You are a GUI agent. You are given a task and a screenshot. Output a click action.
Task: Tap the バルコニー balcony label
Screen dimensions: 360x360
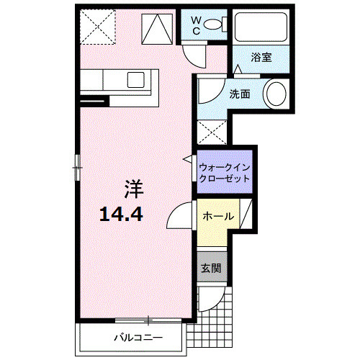pyautogui.click(x=137, y=337)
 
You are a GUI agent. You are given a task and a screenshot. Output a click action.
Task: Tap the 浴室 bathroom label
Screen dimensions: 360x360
pyautogui.click(x=261, y=57)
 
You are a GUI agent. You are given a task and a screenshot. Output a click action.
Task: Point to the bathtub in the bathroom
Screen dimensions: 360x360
pyautogui.click(x=261, y=27)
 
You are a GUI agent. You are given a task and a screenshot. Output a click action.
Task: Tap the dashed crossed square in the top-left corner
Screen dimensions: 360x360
pyautogui.click(x=98, y=25)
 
